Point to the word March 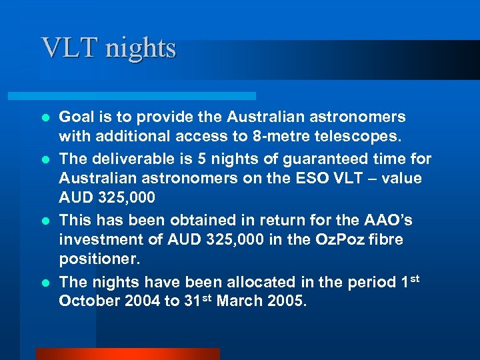[239, 301]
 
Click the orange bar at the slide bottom [127, 353]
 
